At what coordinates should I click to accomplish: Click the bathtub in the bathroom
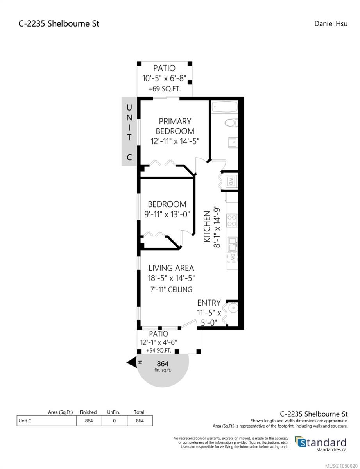click(224, 107)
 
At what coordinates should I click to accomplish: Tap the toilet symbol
click(231, 123)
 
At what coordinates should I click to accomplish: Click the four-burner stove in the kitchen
click(232, 220)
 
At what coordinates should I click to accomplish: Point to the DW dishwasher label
click(233, 258)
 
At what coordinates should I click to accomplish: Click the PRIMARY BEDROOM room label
click(175, 126)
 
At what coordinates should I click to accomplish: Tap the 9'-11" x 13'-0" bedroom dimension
click(167, 215)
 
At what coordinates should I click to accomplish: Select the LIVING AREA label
click(171, 268)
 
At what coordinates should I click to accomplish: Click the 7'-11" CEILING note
click(171, 290)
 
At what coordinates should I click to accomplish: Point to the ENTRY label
click(209, 303)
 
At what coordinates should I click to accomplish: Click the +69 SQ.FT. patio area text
click(165, 89)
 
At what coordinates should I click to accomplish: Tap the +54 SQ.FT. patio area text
click(159, 351)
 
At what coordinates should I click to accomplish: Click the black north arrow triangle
click(132, 362)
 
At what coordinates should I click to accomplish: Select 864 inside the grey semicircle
click(163, 364)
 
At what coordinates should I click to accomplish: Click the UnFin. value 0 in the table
click(115, 421)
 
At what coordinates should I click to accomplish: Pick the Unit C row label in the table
click(25, 421)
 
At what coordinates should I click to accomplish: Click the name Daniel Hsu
click(331, 23)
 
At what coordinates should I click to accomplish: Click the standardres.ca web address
click(331, 450)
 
